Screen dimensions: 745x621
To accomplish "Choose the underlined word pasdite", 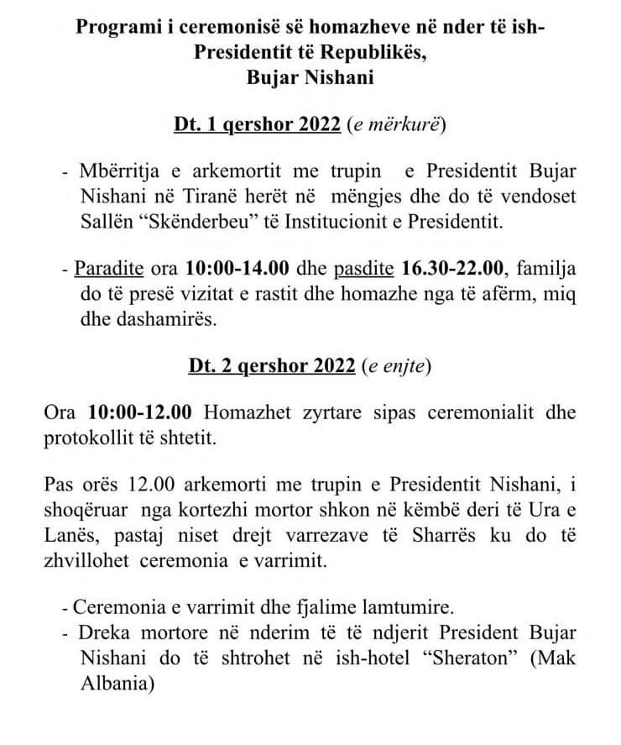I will (364, 269).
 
